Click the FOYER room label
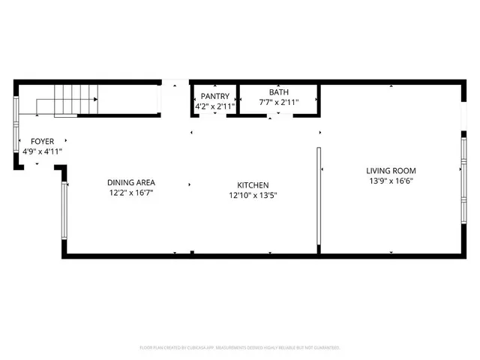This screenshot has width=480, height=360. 42,141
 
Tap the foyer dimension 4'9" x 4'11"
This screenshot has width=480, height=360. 42,151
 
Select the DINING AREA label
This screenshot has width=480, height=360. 131,182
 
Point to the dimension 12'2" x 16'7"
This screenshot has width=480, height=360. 131,193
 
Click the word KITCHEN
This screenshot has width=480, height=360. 253,185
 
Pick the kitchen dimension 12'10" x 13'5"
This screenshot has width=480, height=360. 253,196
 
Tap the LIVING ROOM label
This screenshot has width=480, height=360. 391,170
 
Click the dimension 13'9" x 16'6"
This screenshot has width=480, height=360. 391,181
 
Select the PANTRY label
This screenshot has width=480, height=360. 215,97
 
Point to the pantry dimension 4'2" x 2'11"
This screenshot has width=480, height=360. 215,106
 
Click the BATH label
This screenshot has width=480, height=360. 279,92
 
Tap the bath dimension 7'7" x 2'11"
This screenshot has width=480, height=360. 279,102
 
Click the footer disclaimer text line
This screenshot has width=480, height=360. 240,347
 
